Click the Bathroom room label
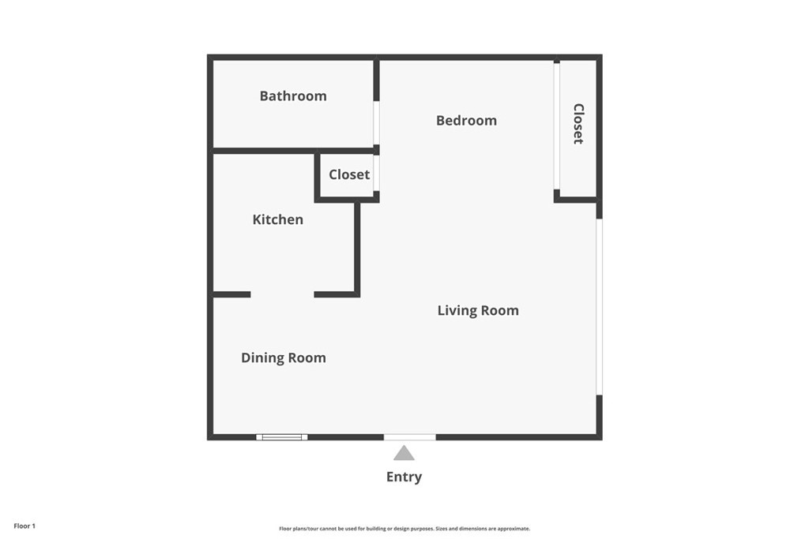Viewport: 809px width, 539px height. (293, 96)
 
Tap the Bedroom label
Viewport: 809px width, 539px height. (466, 121)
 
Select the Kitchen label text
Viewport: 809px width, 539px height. (277, 219)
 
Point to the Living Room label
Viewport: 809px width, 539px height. (478, 311)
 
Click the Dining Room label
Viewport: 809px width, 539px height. (283, 358)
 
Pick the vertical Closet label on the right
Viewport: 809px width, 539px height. (578, 124)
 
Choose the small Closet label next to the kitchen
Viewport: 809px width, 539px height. (349, 175)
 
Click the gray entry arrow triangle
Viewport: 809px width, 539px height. (404, 453)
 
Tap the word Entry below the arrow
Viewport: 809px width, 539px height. (404, 477)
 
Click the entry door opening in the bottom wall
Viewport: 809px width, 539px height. (409, 436)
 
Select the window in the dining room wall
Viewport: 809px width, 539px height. (281, 436)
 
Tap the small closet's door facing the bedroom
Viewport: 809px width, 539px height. (377, 174)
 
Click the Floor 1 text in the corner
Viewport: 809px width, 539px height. (24, 526)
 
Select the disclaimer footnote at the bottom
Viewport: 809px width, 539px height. (404, 529)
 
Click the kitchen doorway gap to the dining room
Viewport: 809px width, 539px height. (282, 294)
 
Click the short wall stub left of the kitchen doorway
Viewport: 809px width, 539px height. (231, 294)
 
